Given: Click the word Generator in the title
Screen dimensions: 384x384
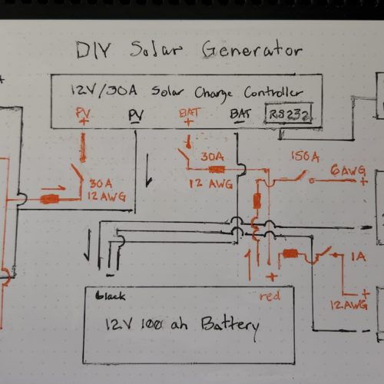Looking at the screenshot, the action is [252, 49].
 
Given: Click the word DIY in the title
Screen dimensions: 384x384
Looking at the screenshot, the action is [94, 50].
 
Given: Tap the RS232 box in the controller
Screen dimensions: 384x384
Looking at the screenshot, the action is [289, 114].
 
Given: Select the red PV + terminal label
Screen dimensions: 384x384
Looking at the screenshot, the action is [84, 116].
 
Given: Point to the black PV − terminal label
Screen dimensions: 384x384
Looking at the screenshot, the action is [136, 117].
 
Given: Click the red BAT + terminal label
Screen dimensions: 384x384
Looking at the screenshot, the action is [190, 117].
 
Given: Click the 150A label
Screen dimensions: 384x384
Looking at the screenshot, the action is [305, 157].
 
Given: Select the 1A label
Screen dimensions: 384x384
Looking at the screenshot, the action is [359, 257].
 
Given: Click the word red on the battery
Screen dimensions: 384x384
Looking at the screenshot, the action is [270, 296].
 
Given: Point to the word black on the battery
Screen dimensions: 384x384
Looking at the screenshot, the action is [111, 296].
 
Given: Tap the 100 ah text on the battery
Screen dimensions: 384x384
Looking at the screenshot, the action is [164, 325].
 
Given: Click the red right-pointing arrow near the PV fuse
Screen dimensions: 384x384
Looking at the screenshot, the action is [54, 188].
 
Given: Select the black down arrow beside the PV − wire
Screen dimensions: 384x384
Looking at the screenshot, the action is [149, 170].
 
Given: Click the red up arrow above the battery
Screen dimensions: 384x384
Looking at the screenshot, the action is [249, 266].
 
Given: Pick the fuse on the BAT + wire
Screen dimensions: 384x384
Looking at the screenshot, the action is [217, 170].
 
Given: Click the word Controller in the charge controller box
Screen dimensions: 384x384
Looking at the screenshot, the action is [273, 92].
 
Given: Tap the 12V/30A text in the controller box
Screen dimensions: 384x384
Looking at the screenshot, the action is [104, 91].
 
